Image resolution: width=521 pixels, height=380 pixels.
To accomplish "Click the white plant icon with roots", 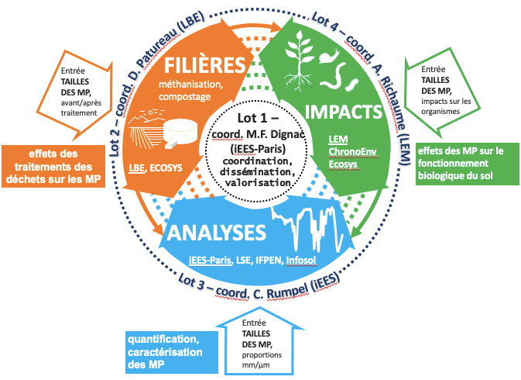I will click(x=299, y=59).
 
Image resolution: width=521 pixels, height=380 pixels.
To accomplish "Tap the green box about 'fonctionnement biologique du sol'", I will click(x=465, y=164).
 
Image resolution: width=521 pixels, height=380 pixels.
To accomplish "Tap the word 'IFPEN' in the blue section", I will click(x=275, y=258).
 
